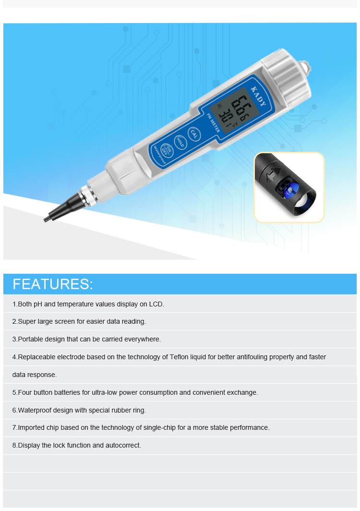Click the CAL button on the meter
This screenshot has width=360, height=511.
coord(194,134)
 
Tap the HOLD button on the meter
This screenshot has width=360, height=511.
coord(180,142)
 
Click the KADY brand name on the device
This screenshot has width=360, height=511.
coord(258,96)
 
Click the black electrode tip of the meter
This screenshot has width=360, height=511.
coord(62,207)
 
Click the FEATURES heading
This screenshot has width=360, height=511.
coord(53,284)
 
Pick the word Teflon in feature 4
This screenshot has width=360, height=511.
coord(179,357)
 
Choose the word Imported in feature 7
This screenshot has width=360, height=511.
coord(31,427)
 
